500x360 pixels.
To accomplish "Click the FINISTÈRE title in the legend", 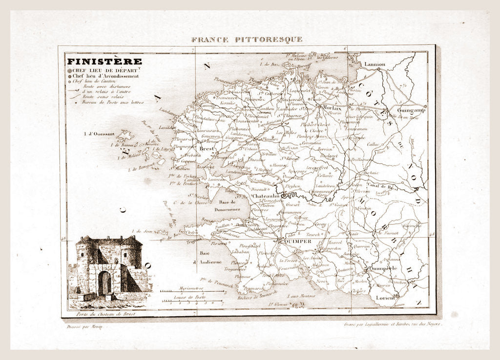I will [x=104, y=61].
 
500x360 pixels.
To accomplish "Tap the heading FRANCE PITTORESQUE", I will [x=247, y=39].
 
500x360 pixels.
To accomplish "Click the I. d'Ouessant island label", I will [x=99, y=133].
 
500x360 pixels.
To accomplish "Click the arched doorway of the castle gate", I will [x=104, y=284].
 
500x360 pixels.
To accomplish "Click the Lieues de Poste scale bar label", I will [x=192, y=297].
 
